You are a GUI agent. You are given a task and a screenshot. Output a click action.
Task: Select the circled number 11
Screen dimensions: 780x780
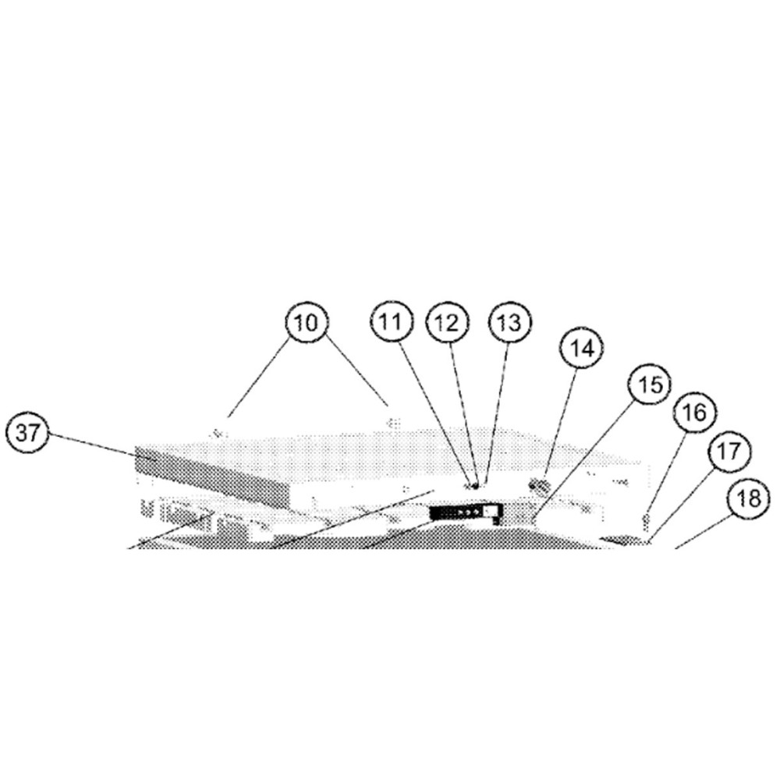pyautogui.click(x=392, y=322)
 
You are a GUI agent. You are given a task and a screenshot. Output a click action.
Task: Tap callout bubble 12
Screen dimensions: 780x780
pyautogui.click(x=447, y=322)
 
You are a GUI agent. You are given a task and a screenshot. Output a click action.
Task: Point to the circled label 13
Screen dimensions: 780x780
pyautogui.click(x=510, y=322)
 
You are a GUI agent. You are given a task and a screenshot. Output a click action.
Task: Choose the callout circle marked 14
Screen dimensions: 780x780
pyautogui.click(x=582, y=348)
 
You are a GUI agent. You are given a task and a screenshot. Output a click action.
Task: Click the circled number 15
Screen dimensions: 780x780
pyautogui.click(x=650, y=384)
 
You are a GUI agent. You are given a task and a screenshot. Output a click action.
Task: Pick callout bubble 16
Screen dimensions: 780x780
pyautogui.click(x=696, y=412)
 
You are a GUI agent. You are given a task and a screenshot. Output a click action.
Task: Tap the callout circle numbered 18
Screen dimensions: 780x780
pyautogui.click(x=749, y=498)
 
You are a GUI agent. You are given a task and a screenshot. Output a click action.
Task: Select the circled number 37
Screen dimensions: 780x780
pyautogui.click(x=28, y=433)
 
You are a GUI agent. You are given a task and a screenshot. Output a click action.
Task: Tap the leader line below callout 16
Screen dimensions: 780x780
pyautogui.click(x=667, y=473)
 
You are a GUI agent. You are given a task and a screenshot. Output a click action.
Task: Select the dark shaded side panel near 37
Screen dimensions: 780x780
pyautogui.click(x=212, y=477)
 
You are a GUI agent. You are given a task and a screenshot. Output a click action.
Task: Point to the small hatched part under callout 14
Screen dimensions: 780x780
pyautogui.click(x=539, y=485)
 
